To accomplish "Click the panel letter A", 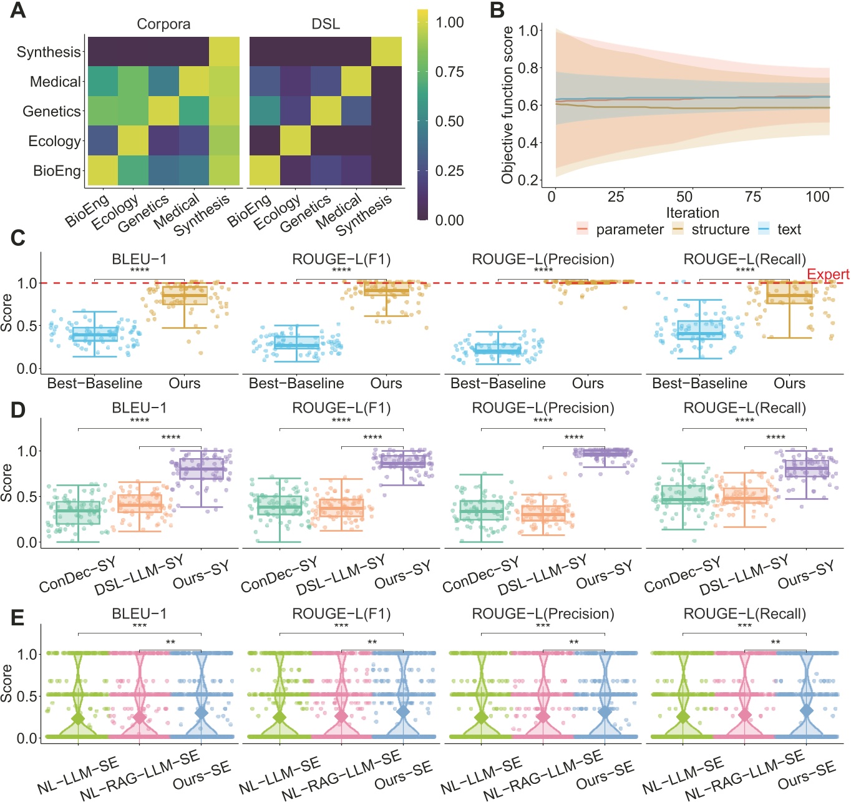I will click(x=17, y=11).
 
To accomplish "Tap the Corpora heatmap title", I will click(x=163, y=24).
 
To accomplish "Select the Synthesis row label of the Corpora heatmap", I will click(x=49, y=52).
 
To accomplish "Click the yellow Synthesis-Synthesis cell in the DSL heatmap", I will click(x=387, y=52).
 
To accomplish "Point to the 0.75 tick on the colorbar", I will click(x=449, y=72).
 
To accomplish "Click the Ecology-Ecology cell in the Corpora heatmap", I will click(x=133, y=140).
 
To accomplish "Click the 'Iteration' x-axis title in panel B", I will click(x=692, y=213).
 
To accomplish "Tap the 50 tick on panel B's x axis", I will click(x=684, y=197).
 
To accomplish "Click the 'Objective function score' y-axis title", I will click(x=507, y=105).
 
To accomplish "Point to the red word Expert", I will click(x=827, y=275).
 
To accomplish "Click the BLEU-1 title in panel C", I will click(x=139, y=259).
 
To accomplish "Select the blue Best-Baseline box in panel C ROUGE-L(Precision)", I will click(x=498, y=349).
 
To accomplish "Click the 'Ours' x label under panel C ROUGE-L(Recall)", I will click(x=789, y=383).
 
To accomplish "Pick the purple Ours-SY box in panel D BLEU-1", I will click(x=201, y=469).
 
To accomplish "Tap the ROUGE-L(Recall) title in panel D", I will click(x=744, y=408).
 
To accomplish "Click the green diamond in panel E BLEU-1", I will click(x=78, y=718).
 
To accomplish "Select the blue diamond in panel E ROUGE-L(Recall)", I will click(x=806, y=710).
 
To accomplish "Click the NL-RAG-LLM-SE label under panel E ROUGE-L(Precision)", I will click(x=543, y=776).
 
